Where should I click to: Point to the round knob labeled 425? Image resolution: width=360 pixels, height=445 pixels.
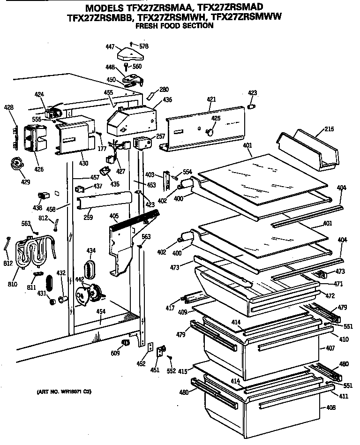(x=210, y=132)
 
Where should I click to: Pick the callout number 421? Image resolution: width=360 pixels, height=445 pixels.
(x=211, y=99)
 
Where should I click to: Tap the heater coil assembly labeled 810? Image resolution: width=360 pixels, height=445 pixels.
(x=33, y=254)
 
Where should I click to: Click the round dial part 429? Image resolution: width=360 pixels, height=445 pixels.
(x=17, y=164)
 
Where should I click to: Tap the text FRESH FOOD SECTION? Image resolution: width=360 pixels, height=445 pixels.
(x=174, y=26)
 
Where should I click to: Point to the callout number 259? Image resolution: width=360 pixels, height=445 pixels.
(x=88, y=217)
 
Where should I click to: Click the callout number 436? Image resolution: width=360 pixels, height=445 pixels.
(x=167, y=100)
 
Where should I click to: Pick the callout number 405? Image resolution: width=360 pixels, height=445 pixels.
(x=113, y=216)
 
